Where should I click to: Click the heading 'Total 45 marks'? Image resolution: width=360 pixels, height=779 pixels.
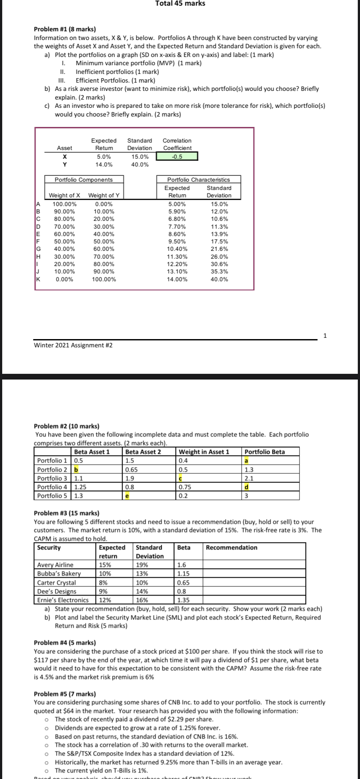tap(180, 3)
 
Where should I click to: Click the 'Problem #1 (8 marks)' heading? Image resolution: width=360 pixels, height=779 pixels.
tap(65, 29)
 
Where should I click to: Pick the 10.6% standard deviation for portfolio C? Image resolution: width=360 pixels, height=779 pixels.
tap(219, 219)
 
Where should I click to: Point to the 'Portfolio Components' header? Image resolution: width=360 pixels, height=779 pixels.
tap(83, 180)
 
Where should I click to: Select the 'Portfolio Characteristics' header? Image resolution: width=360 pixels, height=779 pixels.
tap(198, 180)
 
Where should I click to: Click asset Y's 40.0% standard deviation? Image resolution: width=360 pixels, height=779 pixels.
tap(140, 164)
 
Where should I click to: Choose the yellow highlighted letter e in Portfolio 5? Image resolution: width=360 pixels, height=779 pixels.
tap(127, 496)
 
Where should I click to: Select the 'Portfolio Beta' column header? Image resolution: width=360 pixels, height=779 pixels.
tap(265, 452)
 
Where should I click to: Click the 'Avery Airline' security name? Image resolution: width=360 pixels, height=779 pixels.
tap(55, 565)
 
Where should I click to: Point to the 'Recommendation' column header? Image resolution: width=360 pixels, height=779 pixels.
tap(231, 548)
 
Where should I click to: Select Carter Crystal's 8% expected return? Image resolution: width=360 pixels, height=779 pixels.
tap(103, 583)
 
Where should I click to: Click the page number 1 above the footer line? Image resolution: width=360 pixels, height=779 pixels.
tap(325, 335)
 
